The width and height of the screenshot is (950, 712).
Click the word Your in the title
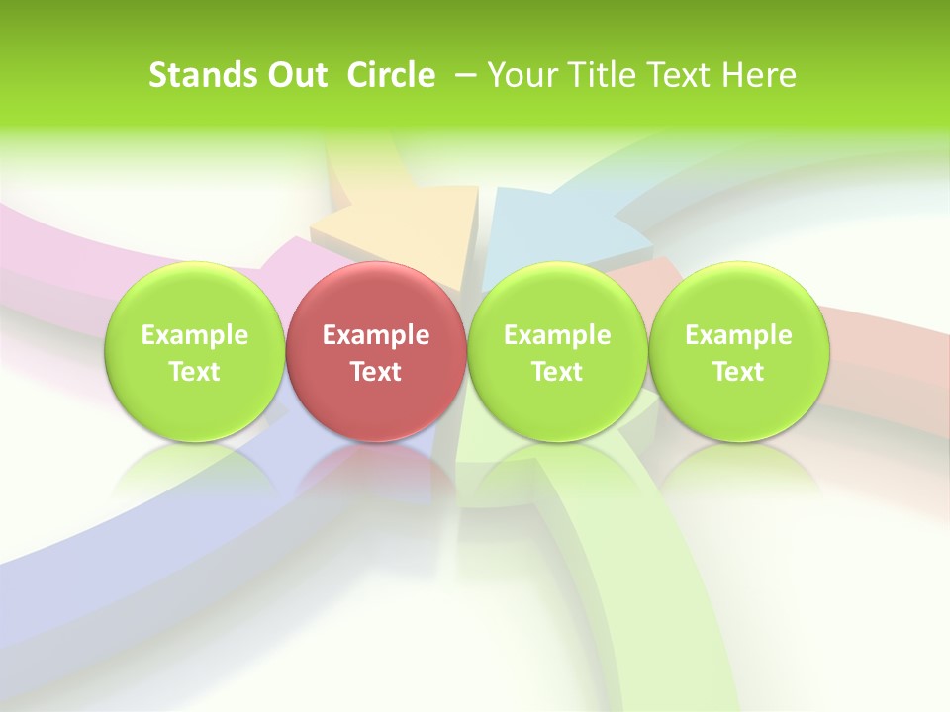pyautogui.click(x=520, y=75)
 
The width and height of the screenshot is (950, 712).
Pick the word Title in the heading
pyautogui.click(x=595, y=75)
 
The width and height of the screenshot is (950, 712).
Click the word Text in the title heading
pyautogui.click(x=674, y=75)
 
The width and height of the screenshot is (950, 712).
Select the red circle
pyautogui.click(x=376, y=352)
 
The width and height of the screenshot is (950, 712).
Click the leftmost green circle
pyautogui.click(x=194, y=352)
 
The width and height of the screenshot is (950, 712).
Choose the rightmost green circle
pyautogui.click(x=738, y=352)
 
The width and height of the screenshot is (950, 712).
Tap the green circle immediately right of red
pyautogui.click(x=557, y=352)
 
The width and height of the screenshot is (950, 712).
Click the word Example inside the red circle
pyautogui.click(x=376, y=335)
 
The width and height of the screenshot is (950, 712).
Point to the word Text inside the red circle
pyautogui.click(x=376, y=372)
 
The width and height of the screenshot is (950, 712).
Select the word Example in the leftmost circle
pyautogui.click(x=194, y=335)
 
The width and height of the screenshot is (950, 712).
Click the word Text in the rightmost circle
pyautogui.click(x=738, y=372)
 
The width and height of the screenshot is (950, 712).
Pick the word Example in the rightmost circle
pyautogui.click(x=738, y=335)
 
